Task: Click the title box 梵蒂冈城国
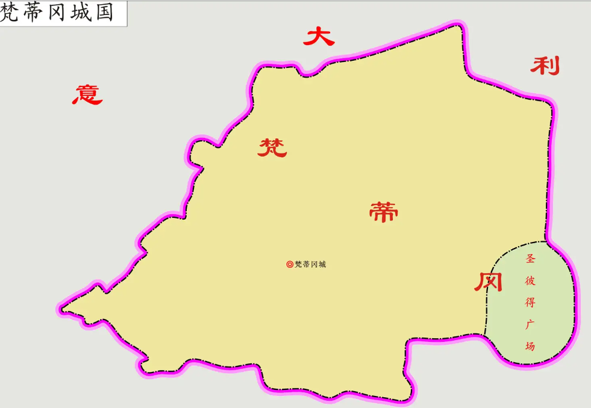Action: [x=63, y=13]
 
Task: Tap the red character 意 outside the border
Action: [x=88, y=94]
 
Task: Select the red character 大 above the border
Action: [x=318, y=37]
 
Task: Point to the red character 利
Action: [x=545, y=66]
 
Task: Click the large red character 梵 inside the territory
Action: [x=272, y=147]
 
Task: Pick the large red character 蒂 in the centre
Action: [x=384, y=212]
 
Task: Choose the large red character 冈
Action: [x=488, y=281]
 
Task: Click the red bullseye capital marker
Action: [x=290, y=264]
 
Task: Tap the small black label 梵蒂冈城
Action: [x=310, y=264]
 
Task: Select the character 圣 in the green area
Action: [x=530, y=260]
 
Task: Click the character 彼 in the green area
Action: [x=530, y=281]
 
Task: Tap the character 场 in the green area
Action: [x=530, y=346]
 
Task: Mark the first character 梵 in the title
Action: [x=11, y=13]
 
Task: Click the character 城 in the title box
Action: [x=81, y=13]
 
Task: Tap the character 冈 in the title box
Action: [x=58, y=13]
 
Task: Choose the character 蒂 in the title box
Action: [x=34, y=13]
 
